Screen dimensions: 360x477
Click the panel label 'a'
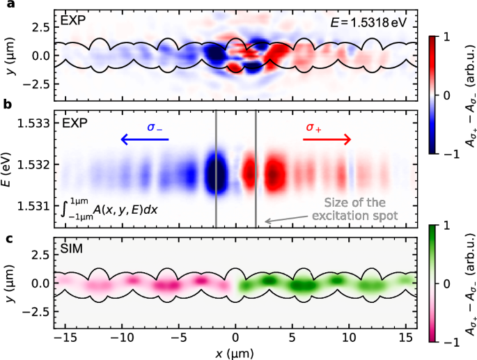(5, 6)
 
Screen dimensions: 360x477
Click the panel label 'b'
(5, 105)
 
